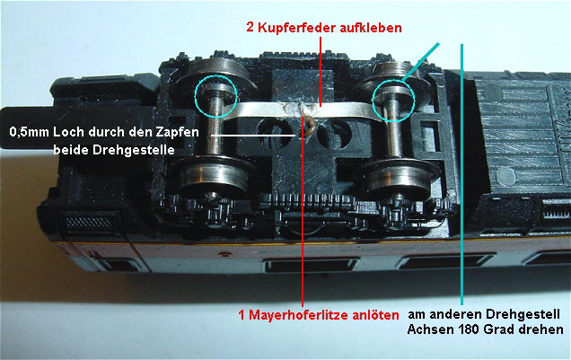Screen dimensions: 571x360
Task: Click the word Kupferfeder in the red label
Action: [x=297, y=28]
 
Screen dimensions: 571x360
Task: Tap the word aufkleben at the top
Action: [x=371, y=28]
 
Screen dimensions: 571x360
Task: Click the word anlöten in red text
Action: [x=374, y=314]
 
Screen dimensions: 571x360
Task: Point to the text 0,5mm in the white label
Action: [x=30, y=133]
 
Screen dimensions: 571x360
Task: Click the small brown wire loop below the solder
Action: [x=311, y=126]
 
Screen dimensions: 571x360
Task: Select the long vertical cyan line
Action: [x=461, y=174]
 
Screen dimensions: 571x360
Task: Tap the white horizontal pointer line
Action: [x=253, y=136]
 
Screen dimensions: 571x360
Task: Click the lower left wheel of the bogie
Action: [x=209, y=179]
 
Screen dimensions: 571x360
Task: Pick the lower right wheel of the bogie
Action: [x=398, y=179]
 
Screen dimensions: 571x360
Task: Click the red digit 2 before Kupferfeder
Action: [x=250, y=27]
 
